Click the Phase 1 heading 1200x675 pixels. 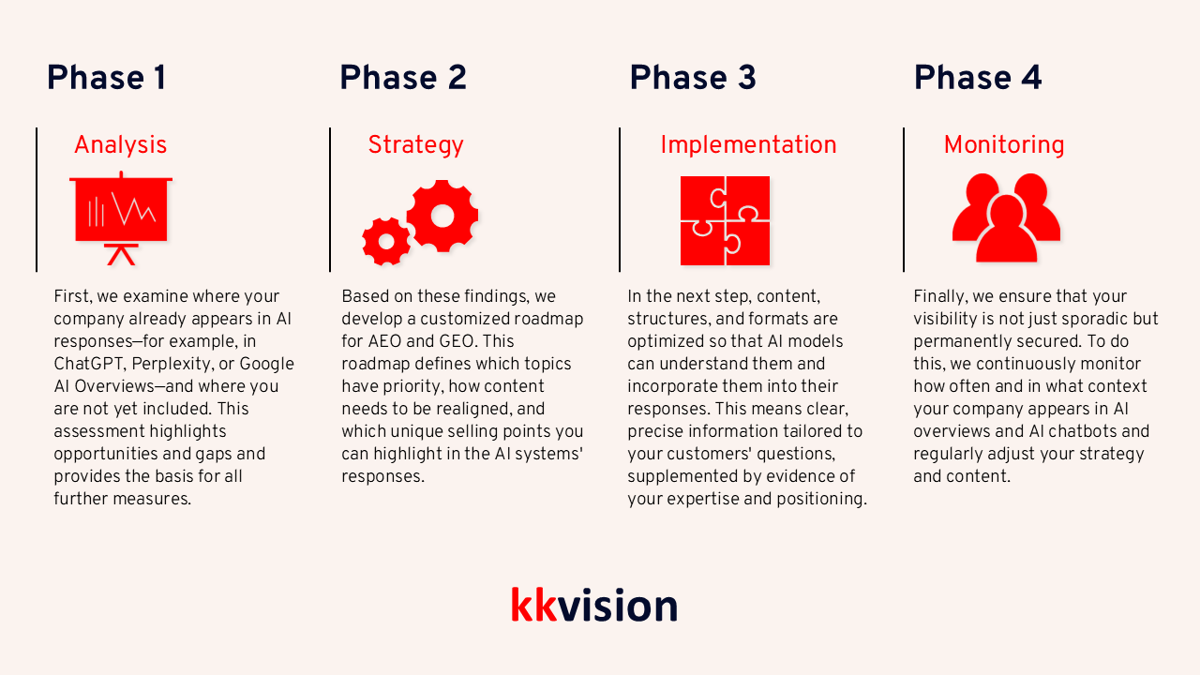106,78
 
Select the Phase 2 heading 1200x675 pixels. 402,78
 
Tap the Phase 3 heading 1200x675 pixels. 692,78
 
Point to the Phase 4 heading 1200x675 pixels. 977,78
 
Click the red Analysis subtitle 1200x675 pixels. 120,145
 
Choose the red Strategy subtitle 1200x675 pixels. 415,145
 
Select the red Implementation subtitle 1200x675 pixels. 748,145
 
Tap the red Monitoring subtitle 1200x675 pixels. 1003,145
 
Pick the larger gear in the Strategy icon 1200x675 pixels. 442,216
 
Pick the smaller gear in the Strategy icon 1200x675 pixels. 385,242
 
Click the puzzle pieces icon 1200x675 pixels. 725,220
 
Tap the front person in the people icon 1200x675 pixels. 1006,232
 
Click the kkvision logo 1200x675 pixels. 593,606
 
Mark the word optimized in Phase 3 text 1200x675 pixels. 667,341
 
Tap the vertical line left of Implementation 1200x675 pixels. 620,200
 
